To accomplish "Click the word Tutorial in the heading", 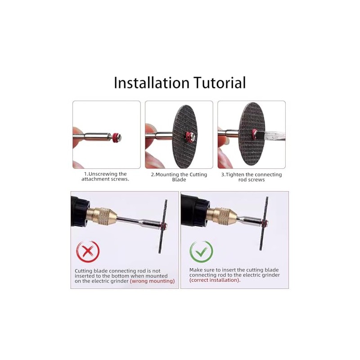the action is (220, 83).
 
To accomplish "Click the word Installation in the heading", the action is (152, 83).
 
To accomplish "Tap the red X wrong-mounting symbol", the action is (88, 252).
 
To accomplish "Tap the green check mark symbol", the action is (201, 252).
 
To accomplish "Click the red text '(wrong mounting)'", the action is (152, 281).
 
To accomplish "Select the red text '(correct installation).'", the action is (215, 280).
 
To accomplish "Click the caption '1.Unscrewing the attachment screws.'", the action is (105, 176).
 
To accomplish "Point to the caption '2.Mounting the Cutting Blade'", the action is (179, 177).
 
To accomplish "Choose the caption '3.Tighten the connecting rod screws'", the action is (252, 177).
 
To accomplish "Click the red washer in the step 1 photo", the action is (116, 137).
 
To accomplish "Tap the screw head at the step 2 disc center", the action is (193, 137).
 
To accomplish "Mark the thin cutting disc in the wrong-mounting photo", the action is (163, 226).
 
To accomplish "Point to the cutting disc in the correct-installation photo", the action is (264, 223).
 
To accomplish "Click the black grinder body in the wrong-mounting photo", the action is (79, 211).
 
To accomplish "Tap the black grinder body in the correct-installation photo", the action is (195, 210).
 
